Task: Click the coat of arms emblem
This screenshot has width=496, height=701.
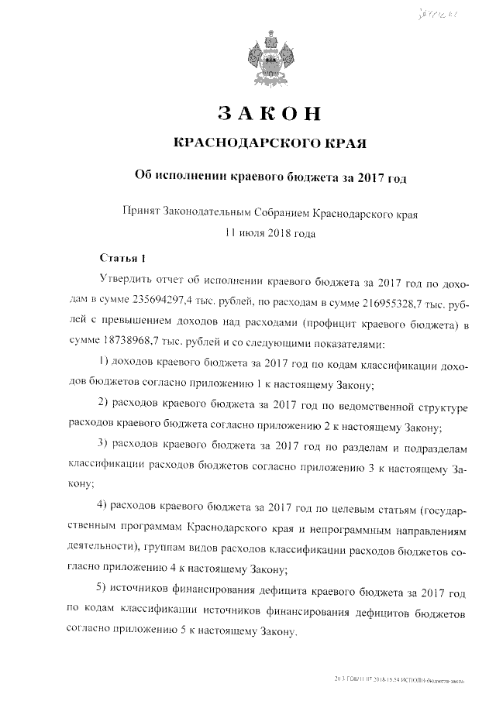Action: tap(270, 57)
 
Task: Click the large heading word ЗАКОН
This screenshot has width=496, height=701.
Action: tap(269, 113)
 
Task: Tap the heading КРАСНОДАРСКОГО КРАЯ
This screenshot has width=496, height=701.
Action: tap(269, 143)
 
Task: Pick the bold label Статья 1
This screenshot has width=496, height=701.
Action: tap(123, 257)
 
